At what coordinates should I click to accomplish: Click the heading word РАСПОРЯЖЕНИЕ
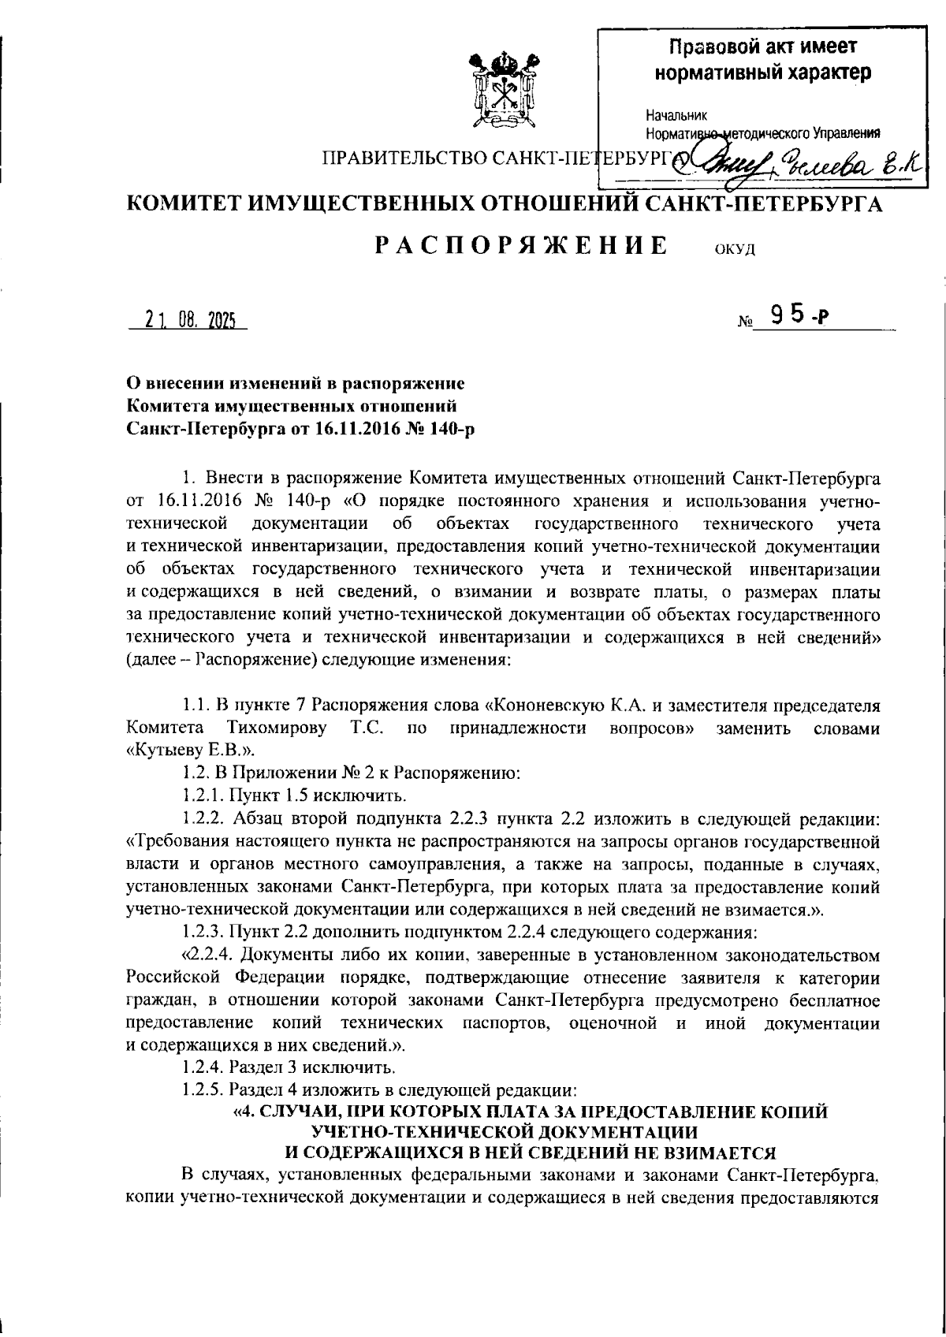click(x=521, y=245)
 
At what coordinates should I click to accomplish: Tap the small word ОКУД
click(x=735, y=250)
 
